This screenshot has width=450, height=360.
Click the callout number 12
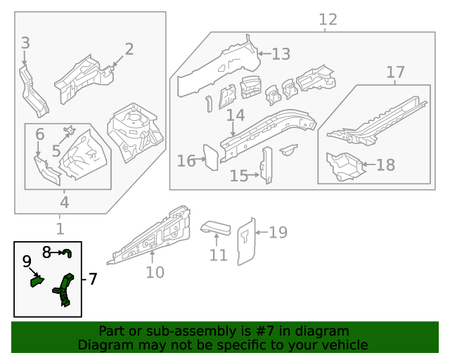[328, 20]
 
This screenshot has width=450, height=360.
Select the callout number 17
[396, 72]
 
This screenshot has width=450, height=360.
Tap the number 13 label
[281, 54]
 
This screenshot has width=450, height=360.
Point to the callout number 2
[129, 49]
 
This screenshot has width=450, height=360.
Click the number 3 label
[25, 43]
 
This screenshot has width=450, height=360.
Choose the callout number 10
[155, 272]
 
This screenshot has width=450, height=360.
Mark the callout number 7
[92, 279]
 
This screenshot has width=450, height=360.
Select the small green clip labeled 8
[67, 253]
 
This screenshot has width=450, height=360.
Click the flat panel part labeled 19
[245, 241]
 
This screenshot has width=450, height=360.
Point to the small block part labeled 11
[217, 228]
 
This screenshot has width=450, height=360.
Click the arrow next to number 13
[263, 53]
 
